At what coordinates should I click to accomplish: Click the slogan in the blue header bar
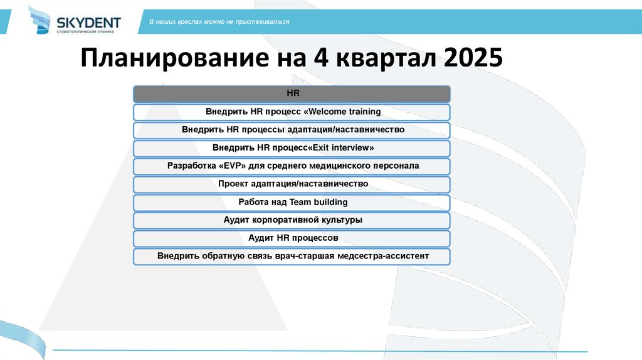[x=219, y=22]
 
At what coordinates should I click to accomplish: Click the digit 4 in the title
[x=316, y=60]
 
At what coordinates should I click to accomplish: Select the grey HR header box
[x=292, y=94]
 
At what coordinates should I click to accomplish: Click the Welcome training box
[x=292, y=112]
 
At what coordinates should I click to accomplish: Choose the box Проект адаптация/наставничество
[x=292, y=184]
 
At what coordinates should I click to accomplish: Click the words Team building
[x=318, y=203]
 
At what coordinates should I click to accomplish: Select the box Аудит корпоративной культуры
[x=292, y=221]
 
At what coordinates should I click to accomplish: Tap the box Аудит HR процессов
[x=292, y=239]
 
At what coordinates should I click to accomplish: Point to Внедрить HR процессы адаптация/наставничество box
[x=292, y=130]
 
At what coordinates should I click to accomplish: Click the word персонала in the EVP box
[x=394, y=166]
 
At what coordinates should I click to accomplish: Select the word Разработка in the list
[x=190, y=166]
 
